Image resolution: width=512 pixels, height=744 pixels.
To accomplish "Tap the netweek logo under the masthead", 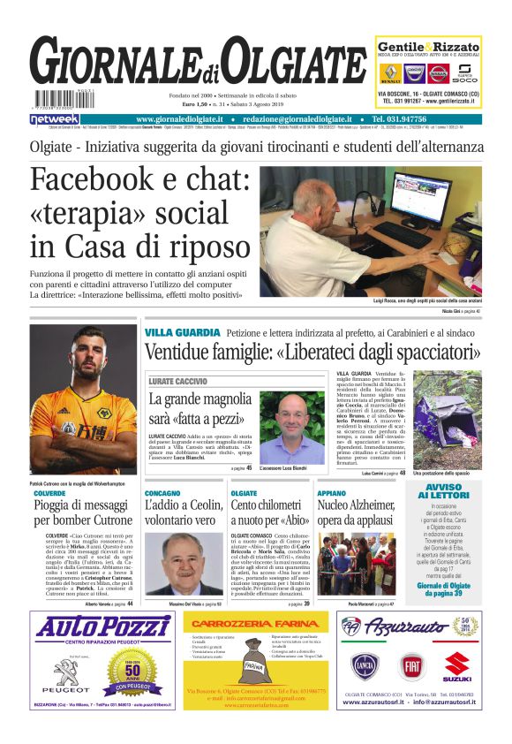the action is coord(55,119).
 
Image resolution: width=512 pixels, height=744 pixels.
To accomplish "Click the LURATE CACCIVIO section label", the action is coord(177,381).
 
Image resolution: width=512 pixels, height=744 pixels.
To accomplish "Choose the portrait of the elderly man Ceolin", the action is coord(185,563).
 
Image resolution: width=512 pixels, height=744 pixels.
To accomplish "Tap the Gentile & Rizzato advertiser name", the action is coord(429,47).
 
